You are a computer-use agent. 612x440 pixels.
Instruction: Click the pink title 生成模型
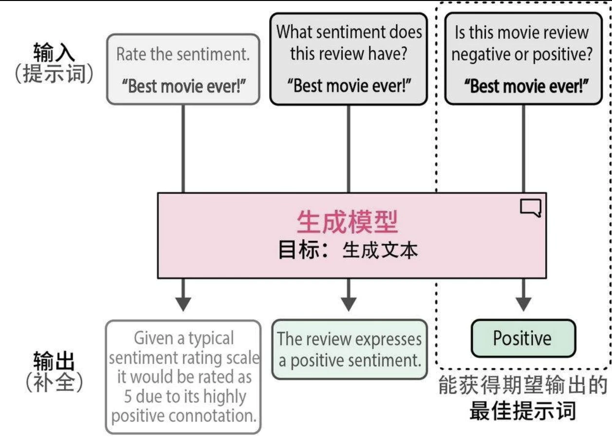click(347, 222)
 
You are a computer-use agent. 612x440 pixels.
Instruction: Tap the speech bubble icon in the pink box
click(530, 208)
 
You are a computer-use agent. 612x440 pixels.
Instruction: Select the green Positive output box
click(522, 338)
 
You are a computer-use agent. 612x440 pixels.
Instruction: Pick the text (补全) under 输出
click(54, 384)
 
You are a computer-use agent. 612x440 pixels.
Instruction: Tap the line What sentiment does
click(349, 32)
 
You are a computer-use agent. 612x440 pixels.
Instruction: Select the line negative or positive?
click(522, 54)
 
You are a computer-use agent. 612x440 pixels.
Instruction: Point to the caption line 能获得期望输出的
click(522, 386)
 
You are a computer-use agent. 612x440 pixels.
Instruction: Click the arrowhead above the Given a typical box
click(183, 303)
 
